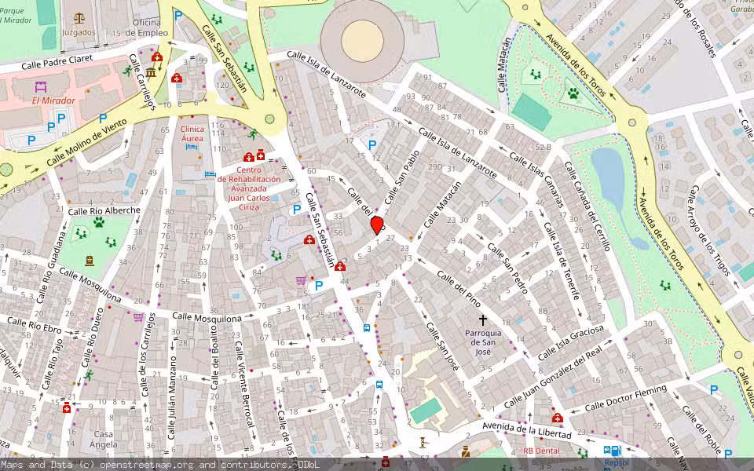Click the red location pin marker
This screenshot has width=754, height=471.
(376, 225)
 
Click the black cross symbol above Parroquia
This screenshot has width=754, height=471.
(483, 320)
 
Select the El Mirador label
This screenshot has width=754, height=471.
(53, 100)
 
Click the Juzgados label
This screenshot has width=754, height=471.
(79, 33)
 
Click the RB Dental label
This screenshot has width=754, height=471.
(542, 451)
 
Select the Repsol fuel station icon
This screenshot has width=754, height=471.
(613, 451)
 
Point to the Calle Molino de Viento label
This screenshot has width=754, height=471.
(86, 141)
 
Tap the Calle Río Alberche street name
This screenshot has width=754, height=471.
(104, 210)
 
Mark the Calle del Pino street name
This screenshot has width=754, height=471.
(458, 288)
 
